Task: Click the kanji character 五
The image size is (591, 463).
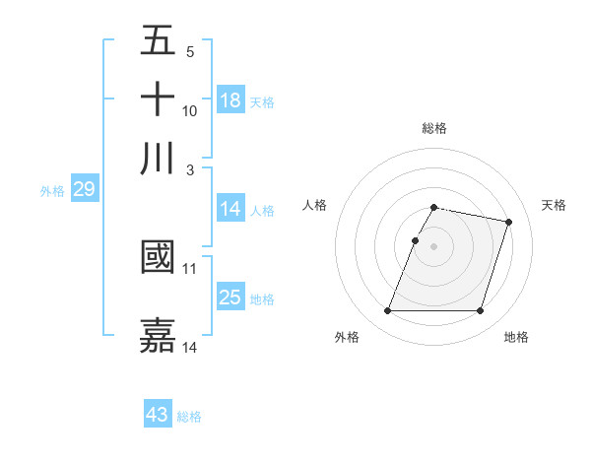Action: pyautogui.click(x=158, y=42)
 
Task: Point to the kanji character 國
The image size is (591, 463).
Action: pyautogui.click(x=158, y=258)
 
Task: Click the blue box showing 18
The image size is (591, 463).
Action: pyautogui.click(x=230, y=100)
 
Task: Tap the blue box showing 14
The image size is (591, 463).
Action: pyautogui.click(x=230, y=209)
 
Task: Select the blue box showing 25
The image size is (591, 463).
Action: pyautogui.click(x=230, y=298)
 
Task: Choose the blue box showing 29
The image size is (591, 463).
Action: pyautogui.click(x=84, y=189)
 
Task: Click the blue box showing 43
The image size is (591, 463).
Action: pyautogui.click(x=158, y=415)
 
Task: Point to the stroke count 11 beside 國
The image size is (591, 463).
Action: pyautogui.click(x=190, y=268)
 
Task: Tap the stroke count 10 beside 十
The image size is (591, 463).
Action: pyautogui.click(x=190, y=110)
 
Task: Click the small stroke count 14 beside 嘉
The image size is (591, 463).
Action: pyautogui.click(x=190, y=347)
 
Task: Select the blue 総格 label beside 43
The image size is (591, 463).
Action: pyautogui.click(x=189, y=417)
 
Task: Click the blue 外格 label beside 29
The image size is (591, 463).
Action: pyautogui.click(x=52, y=191)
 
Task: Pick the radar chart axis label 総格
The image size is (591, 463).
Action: pyautogui.click(x=433, y=128)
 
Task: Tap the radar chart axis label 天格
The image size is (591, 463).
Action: pyautogui.click(x=554, y=205)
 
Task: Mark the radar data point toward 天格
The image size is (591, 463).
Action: pyautogui.click(x=508, y=223)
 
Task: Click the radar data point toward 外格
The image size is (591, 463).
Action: pyautogui.click(x=388, y=311)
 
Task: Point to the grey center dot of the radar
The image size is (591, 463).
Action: pyautogui.click(x=433, y=246)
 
